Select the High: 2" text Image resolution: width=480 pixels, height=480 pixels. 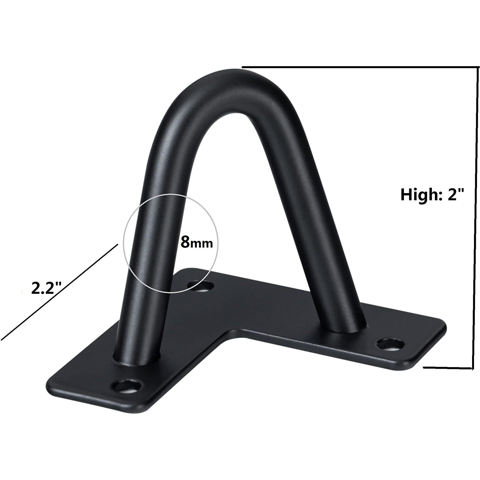pos(432,194)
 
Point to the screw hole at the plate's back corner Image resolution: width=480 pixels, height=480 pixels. pos(202,286)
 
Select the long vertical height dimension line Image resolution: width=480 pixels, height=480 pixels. pos(475,218)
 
